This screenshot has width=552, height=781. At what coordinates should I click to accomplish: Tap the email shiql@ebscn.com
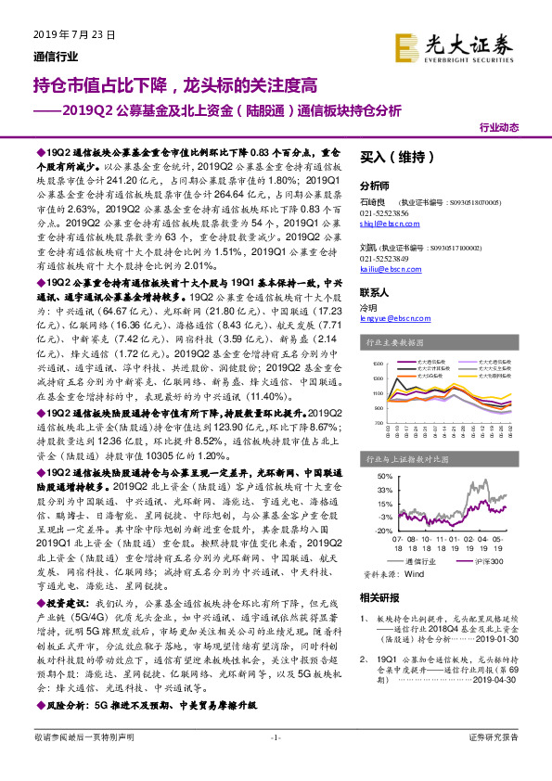click(382, 224)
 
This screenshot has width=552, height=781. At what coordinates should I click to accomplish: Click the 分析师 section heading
click(375, 185)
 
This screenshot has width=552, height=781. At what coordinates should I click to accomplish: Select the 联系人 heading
click(375, 291)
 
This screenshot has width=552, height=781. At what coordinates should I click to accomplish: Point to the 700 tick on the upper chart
click(377, 422)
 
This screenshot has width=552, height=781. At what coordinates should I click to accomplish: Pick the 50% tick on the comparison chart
click(383, 476)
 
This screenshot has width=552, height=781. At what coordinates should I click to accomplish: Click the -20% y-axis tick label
click(382, 530)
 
